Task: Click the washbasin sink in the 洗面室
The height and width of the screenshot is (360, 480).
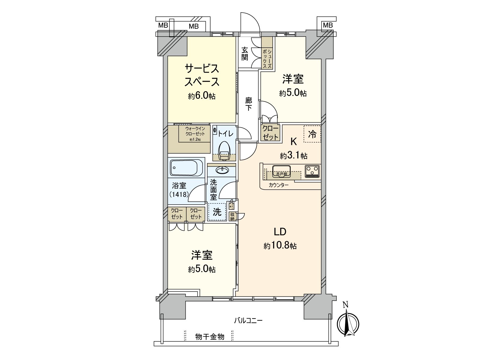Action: pyautogui.click(x=222, y=170)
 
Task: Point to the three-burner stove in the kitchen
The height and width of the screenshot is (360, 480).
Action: pyautogui.click(x=313, y=171)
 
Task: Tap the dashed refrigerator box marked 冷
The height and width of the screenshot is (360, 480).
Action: pyautogui.click(x=312, y=134)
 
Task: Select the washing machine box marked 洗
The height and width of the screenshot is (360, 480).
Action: pyautogui.click(x=217, y=212)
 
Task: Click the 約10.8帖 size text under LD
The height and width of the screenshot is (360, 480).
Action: pyautogui.click(x=280, y=246)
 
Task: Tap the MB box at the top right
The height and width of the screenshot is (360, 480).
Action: pyautogui.click(x=328, y=25)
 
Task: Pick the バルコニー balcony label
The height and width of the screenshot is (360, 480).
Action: pyautogui.click(x=248, y=320)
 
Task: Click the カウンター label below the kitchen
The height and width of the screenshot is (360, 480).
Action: pyautogui.click(x=279, y=185)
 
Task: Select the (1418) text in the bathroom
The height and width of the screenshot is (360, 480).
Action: pyautogui.click(x=179, y=194)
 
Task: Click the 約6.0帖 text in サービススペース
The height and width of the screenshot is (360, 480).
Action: pyautogui.click(x=202, y=96)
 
